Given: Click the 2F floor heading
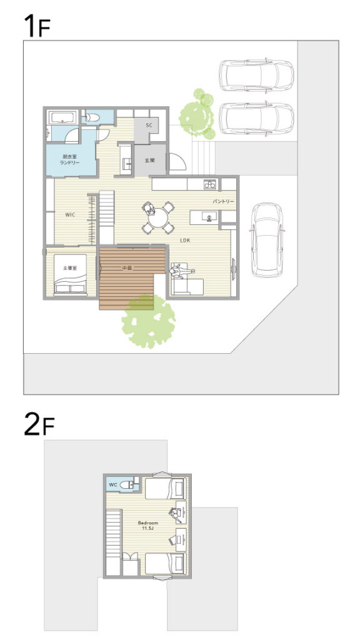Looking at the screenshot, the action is coord(39,424).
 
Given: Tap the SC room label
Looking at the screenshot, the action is coord(149,125).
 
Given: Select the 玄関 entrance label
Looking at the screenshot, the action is coord(150,161).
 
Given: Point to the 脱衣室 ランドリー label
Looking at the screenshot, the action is coord(71,159).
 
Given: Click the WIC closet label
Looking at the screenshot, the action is coord(71,214).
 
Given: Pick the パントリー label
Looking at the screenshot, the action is coord(223,202).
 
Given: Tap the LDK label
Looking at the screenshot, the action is coord(185,241).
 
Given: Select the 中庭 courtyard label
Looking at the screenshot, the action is coord(126,268).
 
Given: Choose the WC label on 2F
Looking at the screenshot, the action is coord(114,485).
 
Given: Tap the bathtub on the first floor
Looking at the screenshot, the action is coord(63,118).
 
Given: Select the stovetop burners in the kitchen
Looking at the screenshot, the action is coord(210,184).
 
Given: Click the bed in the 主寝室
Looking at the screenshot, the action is coord(71,274).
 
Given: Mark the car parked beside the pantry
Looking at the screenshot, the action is coord(267,240).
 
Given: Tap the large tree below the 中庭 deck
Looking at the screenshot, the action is coord(149,322).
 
